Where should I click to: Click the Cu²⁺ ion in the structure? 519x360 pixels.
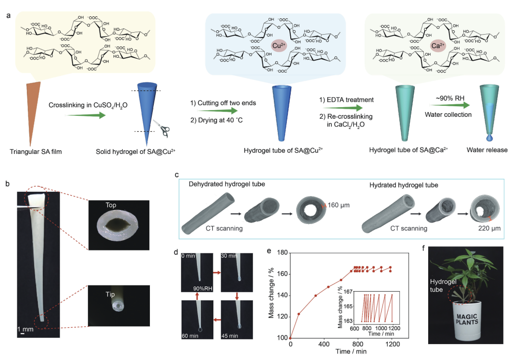point(278,46)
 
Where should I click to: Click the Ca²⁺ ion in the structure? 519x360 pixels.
point(437,46)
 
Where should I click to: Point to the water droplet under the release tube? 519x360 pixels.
point(490,136)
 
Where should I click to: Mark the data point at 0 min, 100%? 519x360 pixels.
point(290,337)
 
